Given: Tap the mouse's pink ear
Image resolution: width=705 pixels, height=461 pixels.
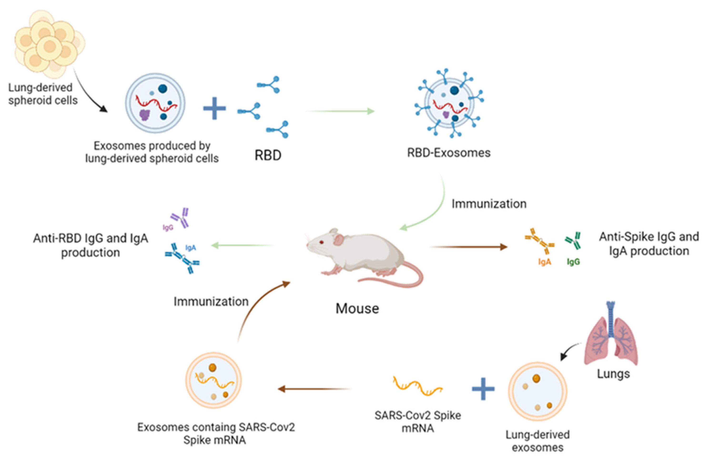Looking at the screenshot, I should [x=339, y=239].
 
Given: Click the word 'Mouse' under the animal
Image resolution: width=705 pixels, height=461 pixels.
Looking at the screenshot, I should [x=357, y=309].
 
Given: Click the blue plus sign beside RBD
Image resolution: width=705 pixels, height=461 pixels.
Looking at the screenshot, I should [x=214, y=108].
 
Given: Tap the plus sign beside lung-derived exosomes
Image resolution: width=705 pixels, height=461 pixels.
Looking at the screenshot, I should [x=483, y=389].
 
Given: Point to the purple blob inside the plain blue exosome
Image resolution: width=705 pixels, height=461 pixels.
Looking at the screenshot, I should [x=145, y=115].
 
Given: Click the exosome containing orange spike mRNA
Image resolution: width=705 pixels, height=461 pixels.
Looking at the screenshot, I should [x=213, y=380].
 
